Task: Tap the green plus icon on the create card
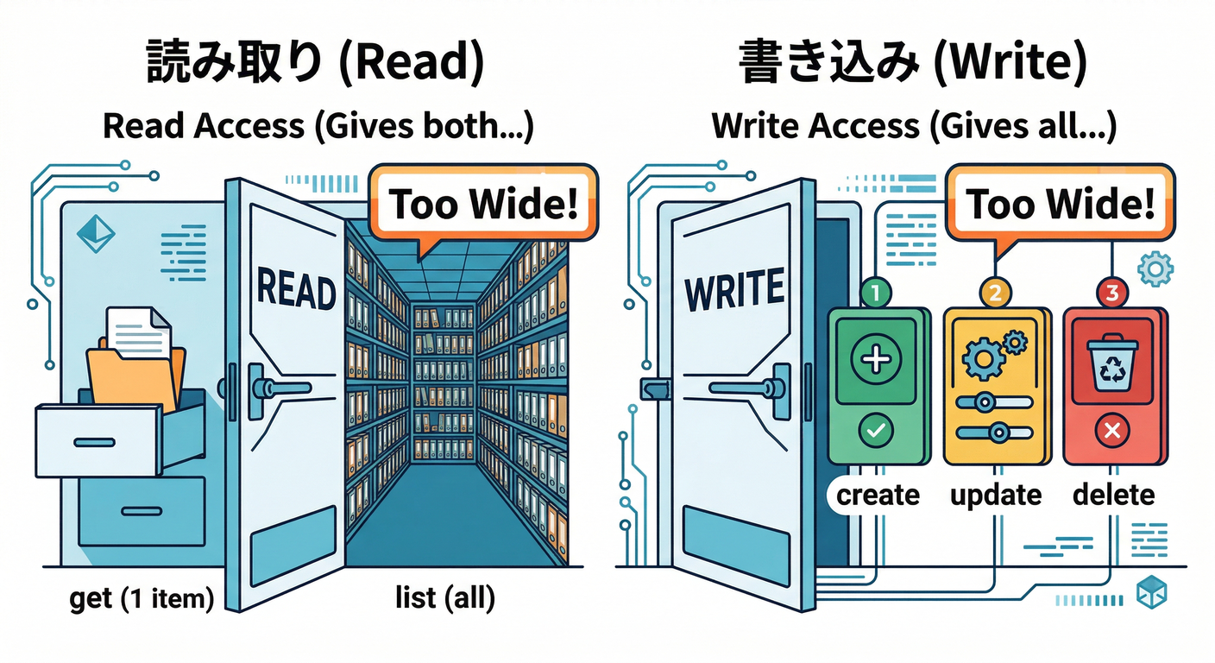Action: [x=878, y=357]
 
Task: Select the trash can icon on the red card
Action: [x=1111, y=363]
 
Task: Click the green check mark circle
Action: [x=878, y=429]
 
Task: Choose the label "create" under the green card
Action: [x=878, y=495]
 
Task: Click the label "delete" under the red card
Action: [x=1113, y=495]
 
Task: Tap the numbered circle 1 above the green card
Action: [x=877, y=293]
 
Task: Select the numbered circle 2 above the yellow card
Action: [x=994, y=293]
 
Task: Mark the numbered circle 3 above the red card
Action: [x=1111, y=293]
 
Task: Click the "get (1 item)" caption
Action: [x=142, y=598]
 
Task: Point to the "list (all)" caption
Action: [x=444, y=598]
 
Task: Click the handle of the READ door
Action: [x=274, y=388]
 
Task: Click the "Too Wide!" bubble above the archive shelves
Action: [x=483, y=204]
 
